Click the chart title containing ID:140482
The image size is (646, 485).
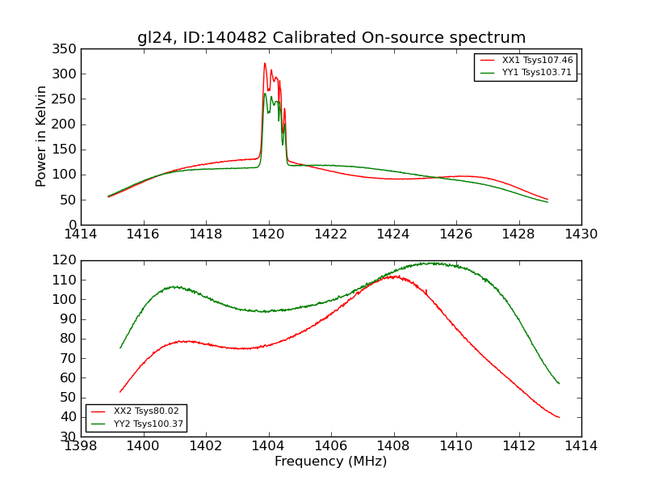coord(331,38)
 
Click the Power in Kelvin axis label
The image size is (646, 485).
coord(42,137)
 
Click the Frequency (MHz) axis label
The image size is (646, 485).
coord(331,462)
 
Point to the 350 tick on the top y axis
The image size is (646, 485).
coord(66,49)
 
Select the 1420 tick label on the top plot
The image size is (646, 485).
coord(268,234)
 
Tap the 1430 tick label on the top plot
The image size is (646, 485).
coord(581,234)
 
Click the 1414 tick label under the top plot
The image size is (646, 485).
coord(81,234)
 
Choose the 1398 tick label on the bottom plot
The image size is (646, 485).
coord(81,446)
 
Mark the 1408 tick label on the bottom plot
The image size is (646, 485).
coord(393,446)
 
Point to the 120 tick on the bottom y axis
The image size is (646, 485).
coord(66,260)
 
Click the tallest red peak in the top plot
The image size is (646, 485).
coord(264,63)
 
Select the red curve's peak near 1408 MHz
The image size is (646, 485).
coord(393,276)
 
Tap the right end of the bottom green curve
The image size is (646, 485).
coord(559,383)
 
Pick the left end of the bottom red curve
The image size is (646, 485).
coord(120,392)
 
